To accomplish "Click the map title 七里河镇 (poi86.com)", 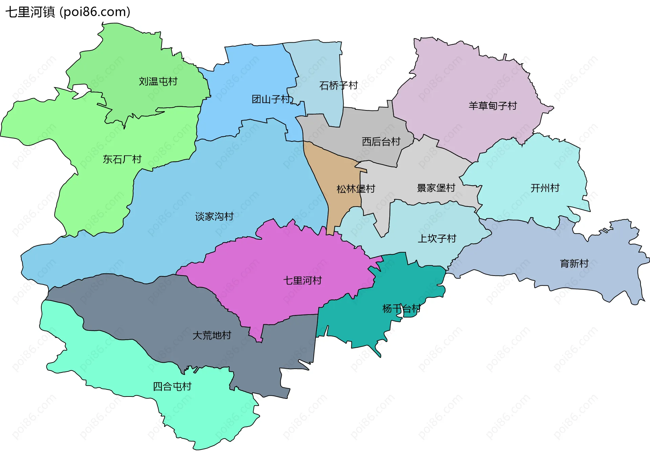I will click(68, 12).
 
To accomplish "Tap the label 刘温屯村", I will click(158, 82).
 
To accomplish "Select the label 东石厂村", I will click(122, 159).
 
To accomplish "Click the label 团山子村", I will click(271, 99).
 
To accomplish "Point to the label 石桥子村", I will click(338, 85).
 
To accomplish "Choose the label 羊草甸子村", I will click(493, 106).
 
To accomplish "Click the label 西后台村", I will click(381, 142).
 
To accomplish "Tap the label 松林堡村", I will click(355, 189).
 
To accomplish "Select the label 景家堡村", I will click(436, 188).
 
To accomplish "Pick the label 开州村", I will click(545, 188).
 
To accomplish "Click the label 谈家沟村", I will click(214, 216).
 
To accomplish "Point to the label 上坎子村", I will click(437, 239).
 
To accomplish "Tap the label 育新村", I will click(574, 263).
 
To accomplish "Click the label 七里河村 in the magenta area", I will click(302, 280).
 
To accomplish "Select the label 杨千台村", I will click(401, 308).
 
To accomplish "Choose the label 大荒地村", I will click(212, 335).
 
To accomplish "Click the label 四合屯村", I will click(172, 386).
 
